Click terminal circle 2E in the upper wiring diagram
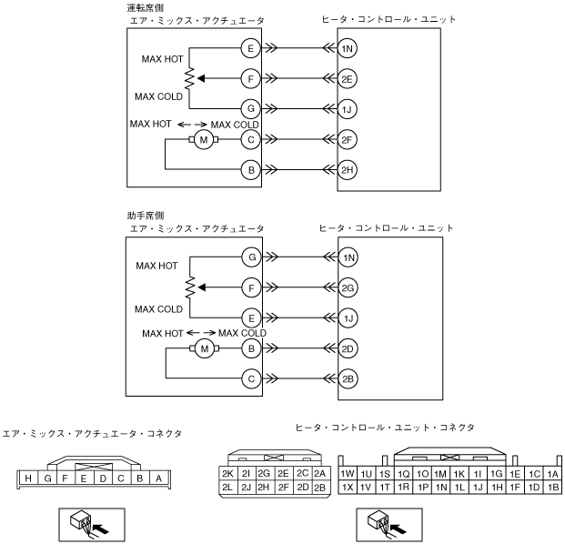pos(348,79)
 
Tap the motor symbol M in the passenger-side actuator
pos(205,348)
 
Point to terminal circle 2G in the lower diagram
pos(348,288)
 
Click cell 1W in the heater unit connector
pos(347,473)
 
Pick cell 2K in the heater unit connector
pos(228,473)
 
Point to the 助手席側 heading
pos(146,217)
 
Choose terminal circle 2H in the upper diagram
pos(348,169)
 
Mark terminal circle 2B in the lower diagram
pos(348,378)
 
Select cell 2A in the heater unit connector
pos(319,473)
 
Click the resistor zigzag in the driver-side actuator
pos(190,79)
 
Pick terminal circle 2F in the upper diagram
pos(348,139)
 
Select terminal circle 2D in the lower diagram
pos(348,348)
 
